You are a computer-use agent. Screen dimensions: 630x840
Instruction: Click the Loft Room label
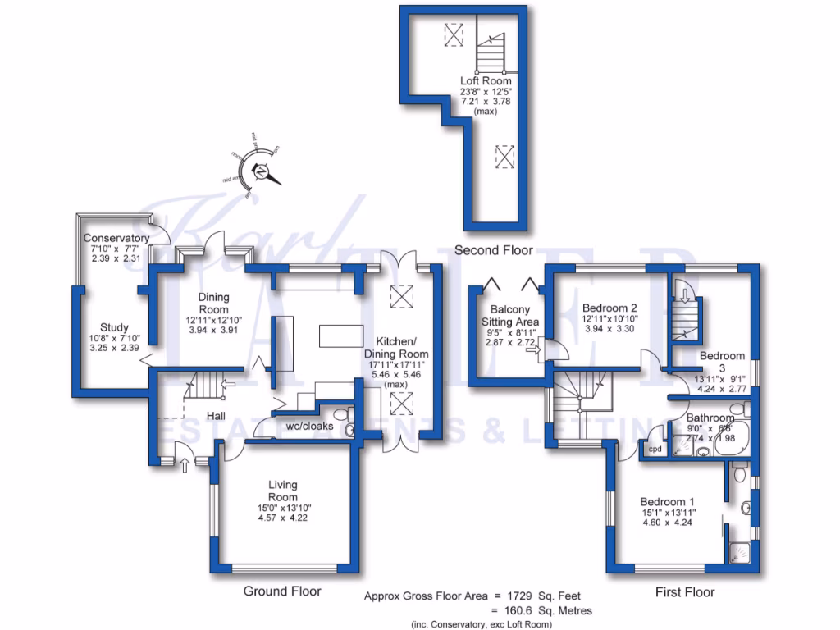(486, 81)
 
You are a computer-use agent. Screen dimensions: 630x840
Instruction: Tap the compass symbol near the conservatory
(260, 171)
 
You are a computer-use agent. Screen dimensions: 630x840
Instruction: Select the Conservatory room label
(115, 238)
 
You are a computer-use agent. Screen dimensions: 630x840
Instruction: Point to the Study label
(114, 327)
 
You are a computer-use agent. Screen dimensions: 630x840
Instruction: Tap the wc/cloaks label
(308, 427)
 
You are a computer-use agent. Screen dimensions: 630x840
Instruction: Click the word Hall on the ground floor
(216, 417)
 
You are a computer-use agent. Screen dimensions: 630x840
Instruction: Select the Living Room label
(282, 491)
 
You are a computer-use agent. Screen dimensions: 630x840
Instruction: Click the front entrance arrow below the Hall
(183, 466)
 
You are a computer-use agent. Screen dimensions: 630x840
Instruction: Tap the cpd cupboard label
(655, 450)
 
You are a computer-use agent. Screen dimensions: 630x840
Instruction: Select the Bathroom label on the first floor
(711, 418)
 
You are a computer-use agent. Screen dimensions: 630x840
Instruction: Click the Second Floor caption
(493, 250)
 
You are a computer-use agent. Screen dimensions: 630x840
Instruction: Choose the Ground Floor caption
(281, 591)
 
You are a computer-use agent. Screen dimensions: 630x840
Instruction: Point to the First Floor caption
(685, 591)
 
